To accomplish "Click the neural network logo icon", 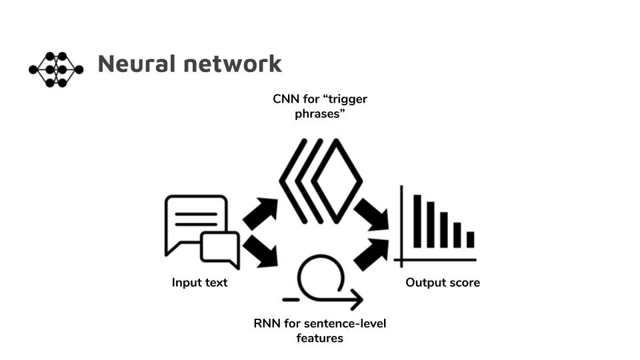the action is [56, 69].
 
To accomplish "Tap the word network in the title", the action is [233, 64].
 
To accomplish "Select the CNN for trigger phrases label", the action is [320, 106].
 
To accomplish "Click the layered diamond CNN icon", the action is [321, 181].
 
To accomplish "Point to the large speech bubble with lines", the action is [195, 225].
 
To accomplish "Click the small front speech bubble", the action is [220, 250].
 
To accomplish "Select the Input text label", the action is [199, 283].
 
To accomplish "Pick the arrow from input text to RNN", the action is [261, 251].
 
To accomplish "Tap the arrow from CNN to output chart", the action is [371, 215].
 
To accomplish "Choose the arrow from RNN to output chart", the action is [371, 255].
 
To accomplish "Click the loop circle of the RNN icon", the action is [321, 278].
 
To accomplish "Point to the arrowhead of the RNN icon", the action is [357, 299].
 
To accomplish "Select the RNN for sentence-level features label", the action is [320, 331].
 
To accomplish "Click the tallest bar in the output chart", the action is [417, 221].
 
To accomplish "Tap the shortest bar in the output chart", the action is [470, 239].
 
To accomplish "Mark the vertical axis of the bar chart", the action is [401, 227].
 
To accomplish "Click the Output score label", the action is [443, 283].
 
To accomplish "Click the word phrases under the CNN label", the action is [320, 114].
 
